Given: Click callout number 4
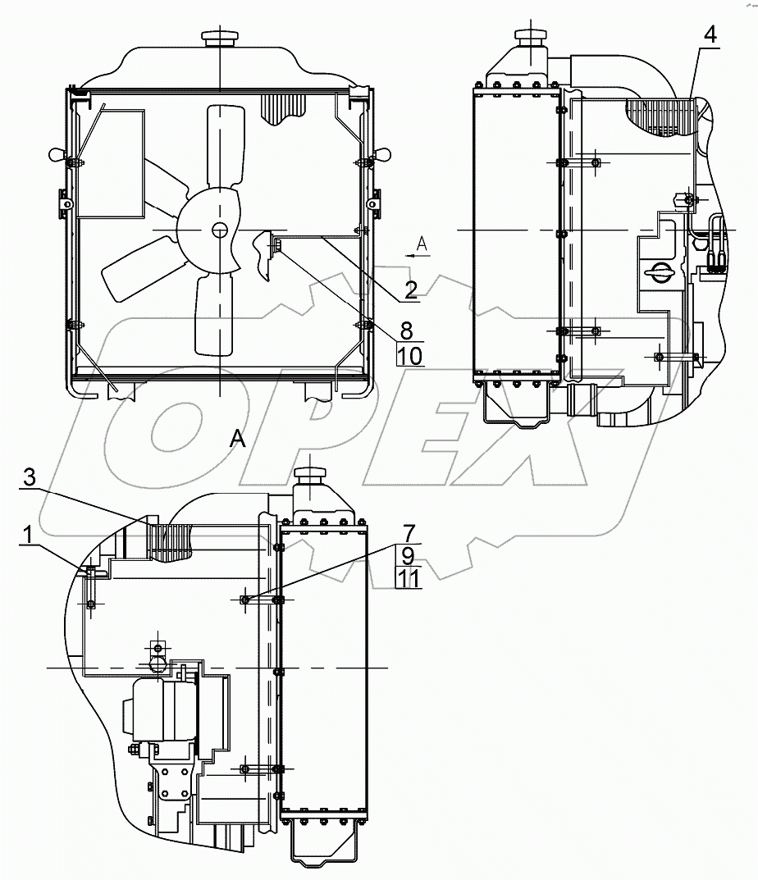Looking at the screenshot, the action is click(710, 35).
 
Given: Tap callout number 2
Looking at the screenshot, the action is click(411, 290).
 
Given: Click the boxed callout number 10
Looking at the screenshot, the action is click(410, 355).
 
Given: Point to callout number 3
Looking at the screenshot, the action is click(30, 477).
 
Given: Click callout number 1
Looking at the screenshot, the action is click(27, 536).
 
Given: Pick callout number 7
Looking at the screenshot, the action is click(409, 533).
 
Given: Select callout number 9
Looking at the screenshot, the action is click(409, 555).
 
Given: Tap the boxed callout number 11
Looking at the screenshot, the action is click(409, 577).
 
